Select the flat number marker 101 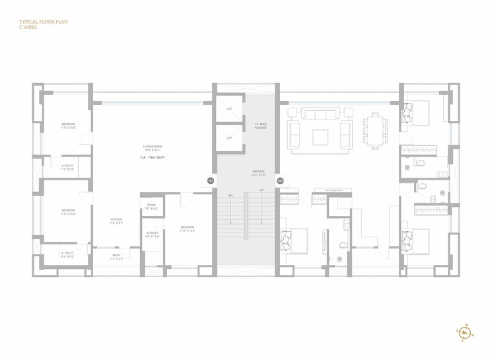coord(211,180)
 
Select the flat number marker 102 coord(280,180)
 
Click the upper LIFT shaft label coord(229,108)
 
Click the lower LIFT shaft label coord(229,138)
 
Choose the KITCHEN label coord(116,220)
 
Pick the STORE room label coord(151,206)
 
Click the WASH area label coord(116,256)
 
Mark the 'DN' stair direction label coord(230,196)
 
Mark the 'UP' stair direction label coord(262,190)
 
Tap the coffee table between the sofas coord(320,137)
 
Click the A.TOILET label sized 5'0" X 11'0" coord(153,233)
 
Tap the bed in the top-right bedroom coord(414,114)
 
